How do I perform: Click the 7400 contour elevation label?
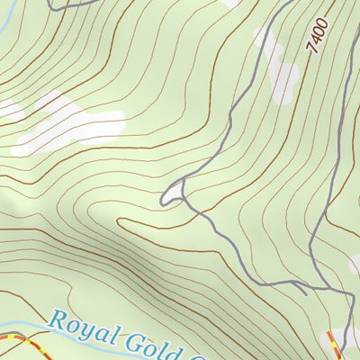(317, 35)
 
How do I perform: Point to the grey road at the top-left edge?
(67, 4)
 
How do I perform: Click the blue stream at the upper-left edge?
(4, 36)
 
